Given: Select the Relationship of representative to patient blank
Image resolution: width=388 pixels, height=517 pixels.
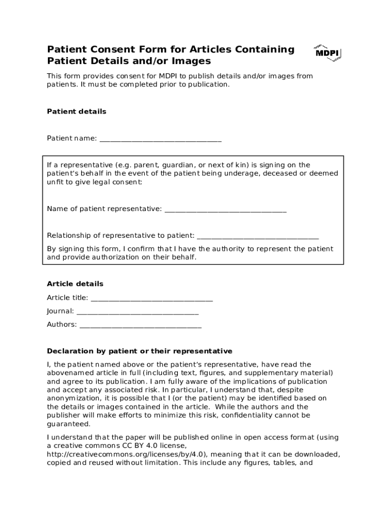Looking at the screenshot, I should [x=257, y=236].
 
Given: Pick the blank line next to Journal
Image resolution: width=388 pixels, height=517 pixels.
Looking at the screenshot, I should [x=137, y=312].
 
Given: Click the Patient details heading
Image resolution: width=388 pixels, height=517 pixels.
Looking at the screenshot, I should [x=77, y=112].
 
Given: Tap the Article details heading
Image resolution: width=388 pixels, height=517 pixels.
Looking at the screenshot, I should [x=75, y=284].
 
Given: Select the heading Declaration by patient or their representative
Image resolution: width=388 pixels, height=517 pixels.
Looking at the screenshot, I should [x=140, y=351].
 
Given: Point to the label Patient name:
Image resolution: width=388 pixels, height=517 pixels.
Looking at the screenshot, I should [x=72, y=138].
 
